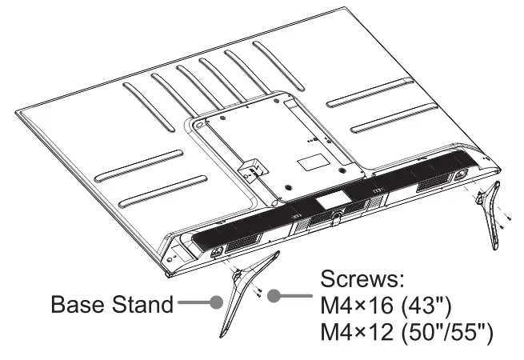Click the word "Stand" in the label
coord(142,305)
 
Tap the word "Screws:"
coord(362,280)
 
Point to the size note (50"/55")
coord(451,332)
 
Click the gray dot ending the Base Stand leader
coord(216,303)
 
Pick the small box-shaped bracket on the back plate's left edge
coord(250,171)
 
